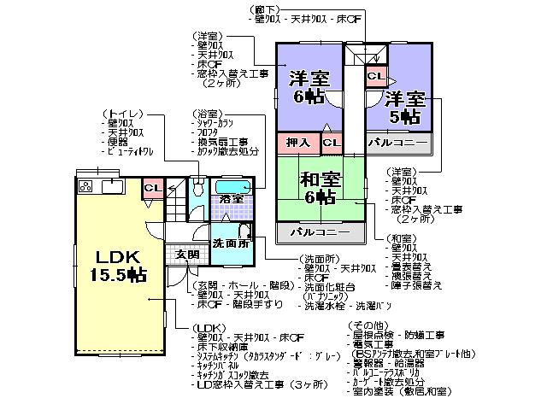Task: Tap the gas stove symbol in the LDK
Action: [x=85, y=186]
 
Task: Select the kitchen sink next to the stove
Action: [x=113, y=186]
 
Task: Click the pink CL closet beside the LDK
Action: [x=151, y=188]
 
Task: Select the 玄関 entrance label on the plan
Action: [x=187, y=255]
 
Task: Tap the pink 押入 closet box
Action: [x=298, y=142]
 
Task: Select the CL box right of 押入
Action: [x=332, y=142]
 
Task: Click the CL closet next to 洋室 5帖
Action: [x=374, y=76]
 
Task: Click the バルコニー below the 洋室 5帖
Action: [x=397, y=143]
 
